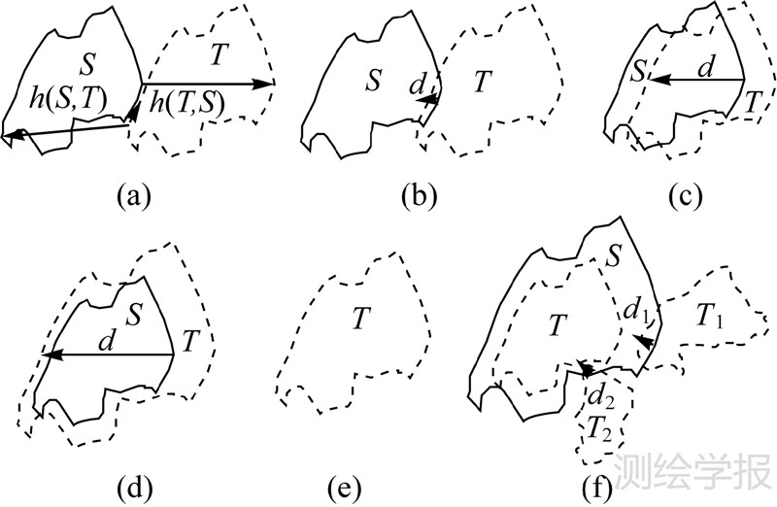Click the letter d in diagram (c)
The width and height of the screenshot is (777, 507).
coord(706,67)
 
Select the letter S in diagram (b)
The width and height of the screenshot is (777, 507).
coord(373,82)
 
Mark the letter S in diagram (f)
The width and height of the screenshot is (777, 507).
coord(613,258)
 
